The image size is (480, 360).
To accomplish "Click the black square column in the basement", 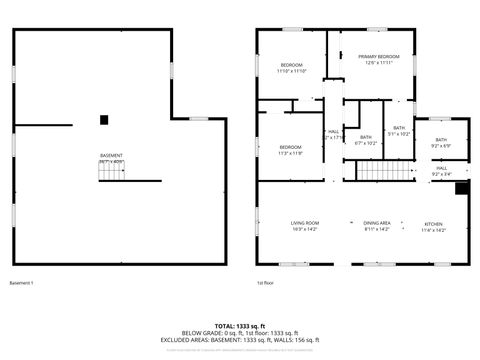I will click(104, 120).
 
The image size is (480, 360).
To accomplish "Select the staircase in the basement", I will click(112, 173).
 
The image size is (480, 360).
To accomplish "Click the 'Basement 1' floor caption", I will click(21, 283).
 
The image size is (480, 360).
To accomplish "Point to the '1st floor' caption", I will click(267, 283).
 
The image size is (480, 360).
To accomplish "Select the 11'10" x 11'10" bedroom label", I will click(291, 69).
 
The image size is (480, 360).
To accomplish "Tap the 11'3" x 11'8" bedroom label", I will click(290, 150).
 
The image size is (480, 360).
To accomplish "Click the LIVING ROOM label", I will click(304, 226).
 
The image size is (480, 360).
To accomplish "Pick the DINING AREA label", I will click(377, 226).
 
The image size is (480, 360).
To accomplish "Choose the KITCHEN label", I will click(433, 226).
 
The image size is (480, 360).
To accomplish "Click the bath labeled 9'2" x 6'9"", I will click(441, 143).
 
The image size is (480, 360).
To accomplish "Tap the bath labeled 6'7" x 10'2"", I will click(366, 140).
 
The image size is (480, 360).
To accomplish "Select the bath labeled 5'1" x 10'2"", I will click(399, 130).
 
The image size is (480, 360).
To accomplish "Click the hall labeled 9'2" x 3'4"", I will click(441, 171).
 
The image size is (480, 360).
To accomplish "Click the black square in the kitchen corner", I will click(461, 187).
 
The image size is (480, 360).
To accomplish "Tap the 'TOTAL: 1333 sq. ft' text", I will click(240, 326).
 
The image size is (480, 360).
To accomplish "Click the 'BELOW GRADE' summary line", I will click(240, 333).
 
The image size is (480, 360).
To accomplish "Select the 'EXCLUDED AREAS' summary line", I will click(240, 340).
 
